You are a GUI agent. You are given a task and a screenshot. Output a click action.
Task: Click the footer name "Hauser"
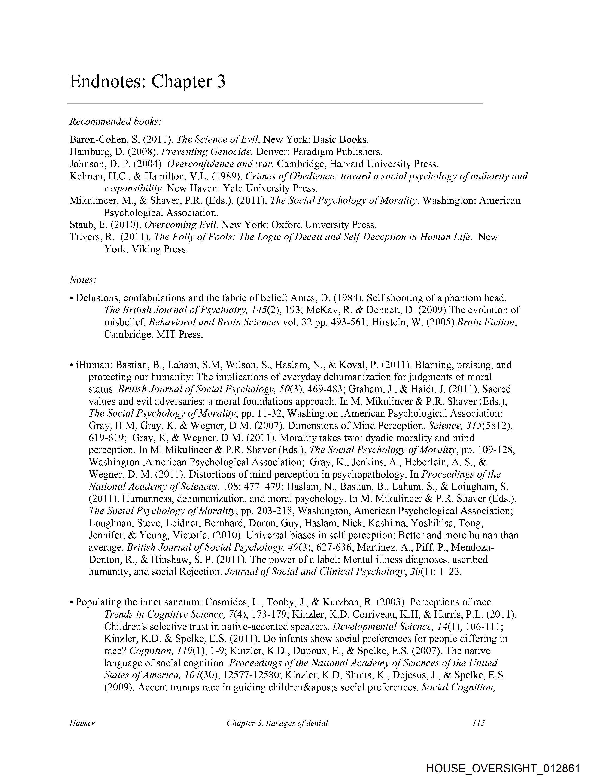[82, 723]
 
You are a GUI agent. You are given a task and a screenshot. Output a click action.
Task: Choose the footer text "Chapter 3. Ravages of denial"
[277, 723]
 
